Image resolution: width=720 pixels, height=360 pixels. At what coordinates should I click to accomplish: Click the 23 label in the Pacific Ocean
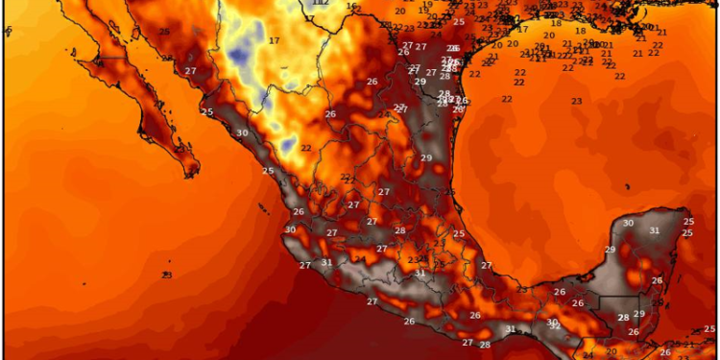pos(166,276)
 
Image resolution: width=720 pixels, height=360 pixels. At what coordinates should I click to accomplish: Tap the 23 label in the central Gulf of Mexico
pos(577,101)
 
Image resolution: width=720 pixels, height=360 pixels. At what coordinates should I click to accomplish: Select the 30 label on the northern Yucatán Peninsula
pos(628,224)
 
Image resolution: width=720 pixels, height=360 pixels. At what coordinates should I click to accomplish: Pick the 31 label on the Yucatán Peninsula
pos(654,230)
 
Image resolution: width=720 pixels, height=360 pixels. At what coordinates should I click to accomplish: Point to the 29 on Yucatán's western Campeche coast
pos(610,250)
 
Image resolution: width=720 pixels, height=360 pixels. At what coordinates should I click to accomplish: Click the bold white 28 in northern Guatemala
pos(623,318)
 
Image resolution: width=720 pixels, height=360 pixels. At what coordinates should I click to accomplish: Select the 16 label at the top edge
pos(351,7)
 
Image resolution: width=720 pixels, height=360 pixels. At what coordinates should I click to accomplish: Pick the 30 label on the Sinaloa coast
pos(242,133)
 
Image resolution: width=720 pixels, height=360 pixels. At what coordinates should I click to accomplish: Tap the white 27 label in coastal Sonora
pos(190,71)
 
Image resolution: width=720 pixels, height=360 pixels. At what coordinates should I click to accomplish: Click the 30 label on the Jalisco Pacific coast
pos(290,229)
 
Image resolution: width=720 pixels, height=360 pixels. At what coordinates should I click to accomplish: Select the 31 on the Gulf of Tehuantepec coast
pos(511,329)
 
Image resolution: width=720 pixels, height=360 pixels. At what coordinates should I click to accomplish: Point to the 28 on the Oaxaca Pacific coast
pos(485,345)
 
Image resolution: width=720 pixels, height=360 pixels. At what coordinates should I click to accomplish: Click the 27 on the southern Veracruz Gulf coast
pos(487,265)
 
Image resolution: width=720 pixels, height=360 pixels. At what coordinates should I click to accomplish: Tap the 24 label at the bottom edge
pos(588,355)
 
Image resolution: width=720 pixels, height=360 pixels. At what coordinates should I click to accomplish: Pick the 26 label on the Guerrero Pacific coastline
pos(409,322)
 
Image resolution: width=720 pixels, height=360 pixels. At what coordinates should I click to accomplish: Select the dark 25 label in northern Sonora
pos(164,32)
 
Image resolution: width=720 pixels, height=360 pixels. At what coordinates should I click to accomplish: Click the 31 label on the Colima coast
pos(326,262)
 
